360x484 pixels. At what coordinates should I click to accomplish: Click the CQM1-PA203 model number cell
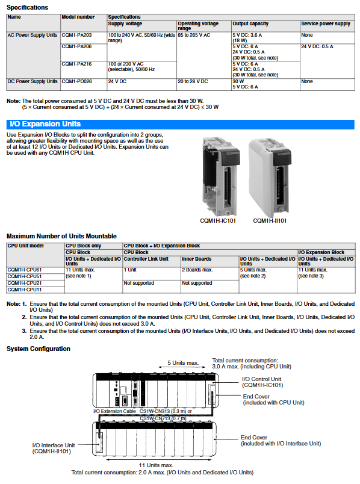tap(84, 38)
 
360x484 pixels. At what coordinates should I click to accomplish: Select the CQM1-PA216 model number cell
tap(84, 70)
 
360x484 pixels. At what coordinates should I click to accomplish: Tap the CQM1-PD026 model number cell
tap(84, 84)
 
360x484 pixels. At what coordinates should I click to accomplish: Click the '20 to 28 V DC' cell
tap(204, 84)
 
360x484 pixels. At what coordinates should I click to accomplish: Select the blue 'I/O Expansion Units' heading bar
tap(181, 124)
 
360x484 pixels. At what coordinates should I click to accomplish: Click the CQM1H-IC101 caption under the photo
tap(218, 221)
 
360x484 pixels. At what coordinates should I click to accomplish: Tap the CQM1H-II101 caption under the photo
tap(270, 221)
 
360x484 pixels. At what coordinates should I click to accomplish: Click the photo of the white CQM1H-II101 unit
tap(270, 177)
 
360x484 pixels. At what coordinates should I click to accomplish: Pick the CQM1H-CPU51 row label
tap(36, 276)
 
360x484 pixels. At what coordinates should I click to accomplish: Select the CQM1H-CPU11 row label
tap(36, 290)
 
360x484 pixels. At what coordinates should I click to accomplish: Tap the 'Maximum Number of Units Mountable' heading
tap(62, 236)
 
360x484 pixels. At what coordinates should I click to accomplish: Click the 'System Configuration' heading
tap(39, 349)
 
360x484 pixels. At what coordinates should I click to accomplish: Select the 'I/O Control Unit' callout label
tap(262, 382)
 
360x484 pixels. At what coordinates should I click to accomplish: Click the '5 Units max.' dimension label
tap(183, 363)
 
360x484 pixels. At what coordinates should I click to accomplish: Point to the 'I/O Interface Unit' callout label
tap(54, 448)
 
